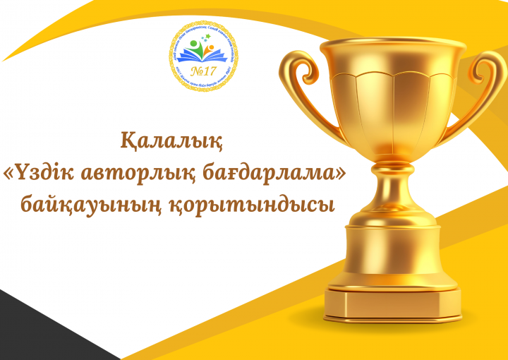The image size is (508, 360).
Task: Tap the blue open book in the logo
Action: (x=205, y=58)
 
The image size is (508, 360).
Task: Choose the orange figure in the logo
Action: (x=211, y=49)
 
